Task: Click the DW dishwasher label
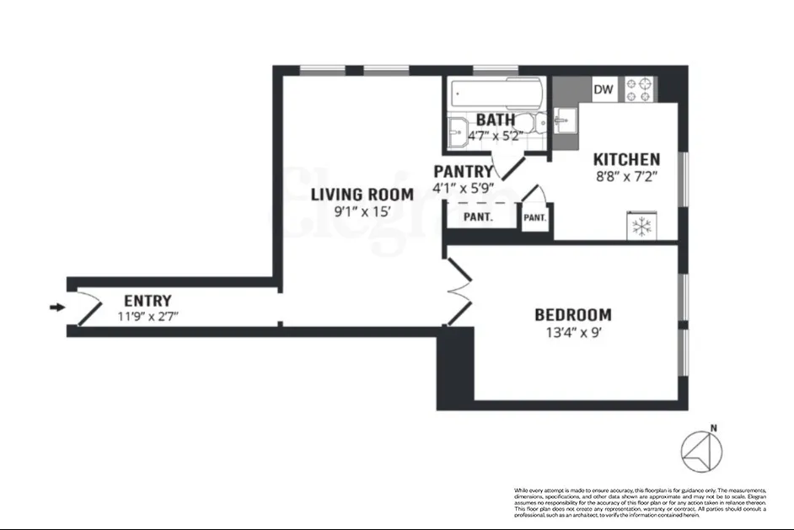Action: coord(603,89)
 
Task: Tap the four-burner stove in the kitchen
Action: coord(640,89)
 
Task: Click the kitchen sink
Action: coord(565,120)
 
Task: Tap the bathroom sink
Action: coord(459,131)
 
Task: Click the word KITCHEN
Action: coord(626,159)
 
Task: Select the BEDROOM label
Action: coord(573,315)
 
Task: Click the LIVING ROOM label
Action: coord(362,195)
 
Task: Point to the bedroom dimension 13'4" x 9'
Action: coord(573,332)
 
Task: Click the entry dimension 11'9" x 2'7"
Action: coord(148,317)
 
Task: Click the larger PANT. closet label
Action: coord(479,217)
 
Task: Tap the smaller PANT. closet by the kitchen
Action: coord(534,217)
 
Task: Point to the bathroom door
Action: coord(504,165)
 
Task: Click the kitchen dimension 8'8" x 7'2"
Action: coord(626,177)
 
